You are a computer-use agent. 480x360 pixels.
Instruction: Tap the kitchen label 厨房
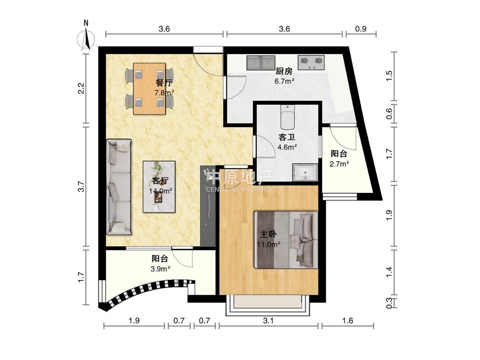pyautogui.click(x=284, y=72)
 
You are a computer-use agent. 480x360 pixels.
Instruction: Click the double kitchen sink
pyautogui.click(x=261, y=63)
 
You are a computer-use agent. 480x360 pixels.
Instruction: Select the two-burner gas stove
pyautogui.click(x=311, y=63)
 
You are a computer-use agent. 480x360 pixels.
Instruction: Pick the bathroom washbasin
pyautogui.click(x=305, y=173)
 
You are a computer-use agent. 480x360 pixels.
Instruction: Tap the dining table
pyautogui.click(x=149, y=89)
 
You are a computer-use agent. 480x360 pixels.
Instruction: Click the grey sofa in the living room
pyautogui.click(x=119, y=187)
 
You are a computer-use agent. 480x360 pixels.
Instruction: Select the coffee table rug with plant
pyautogui.click(x=159, y=187)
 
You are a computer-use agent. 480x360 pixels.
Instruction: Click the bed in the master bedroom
pyautogui.click(x=286, y=240)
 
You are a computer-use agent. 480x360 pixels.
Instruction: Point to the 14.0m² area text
pyautogui.click(x=160, y=191)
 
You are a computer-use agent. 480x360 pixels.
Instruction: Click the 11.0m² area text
pyautogui.click(x=269, y=244)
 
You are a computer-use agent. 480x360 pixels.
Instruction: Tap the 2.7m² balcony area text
pyautogui.click(x=339, y=164)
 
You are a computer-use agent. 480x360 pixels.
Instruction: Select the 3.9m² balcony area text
pyautogui.click(x=160, y=269)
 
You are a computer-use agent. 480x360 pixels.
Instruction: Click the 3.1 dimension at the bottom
pyautogui.click(x=268, y=321)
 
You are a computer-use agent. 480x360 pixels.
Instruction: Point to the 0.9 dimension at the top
pyautogui.click(x=361, y=29)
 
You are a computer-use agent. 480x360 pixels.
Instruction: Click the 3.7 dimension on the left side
pyautogui.click(x=81, y=186)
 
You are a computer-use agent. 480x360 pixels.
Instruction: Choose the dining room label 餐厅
pyautogui.click(x=164, y=83)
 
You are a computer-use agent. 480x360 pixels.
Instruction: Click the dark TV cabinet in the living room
pyautogui.click(x=208, y=205)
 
